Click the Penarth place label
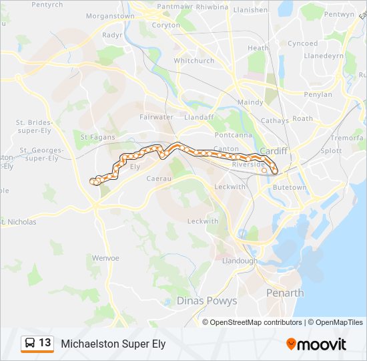[x=285, y=293]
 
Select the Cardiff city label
[x=274, y=150]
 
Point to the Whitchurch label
[x=194, y=60]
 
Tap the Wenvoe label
[x=105, y=257]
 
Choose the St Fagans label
[x=97, y=137]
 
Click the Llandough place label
[x=239, y=260]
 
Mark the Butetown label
[x=290, y=188]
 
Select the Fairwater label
[x=156, y=117]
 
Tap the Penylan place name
[x=318, y=95]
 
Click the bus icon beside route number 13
[x=30, y=344]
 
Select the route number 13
[x=45, y=343]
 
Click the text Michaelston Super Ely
[x=113, y=344]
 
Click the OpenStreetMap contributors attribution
[x=256, y=322]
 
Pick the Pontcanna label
[x=238, y=134]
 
